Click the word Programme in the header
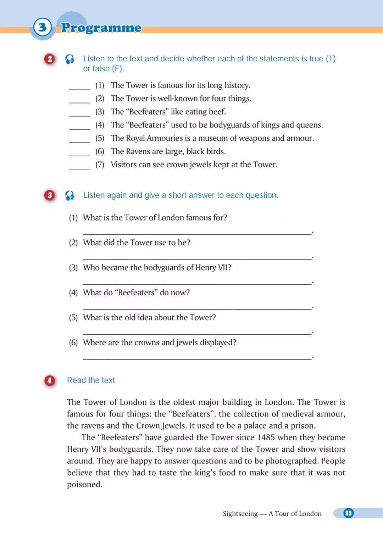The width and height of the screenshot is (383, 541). (x=101, y=28)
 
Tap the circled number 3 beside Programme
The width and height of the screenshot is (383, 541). (x=43, y=27)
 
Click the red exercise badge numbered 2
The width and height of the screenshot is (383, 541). (x=50, y=59)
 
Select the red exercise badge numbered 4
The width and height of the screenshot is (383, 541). (x=50, y=380)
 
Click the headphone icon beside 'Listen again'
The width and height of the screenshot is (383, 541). (x=70, y=195)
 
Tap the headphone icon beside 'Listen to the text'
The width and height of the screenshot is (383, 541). (x=70, y=59)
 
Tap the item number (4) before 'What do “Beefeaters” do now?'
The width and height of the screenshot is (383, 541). (x=73, y=292)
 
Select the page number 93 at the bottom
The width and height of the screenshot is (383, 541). (x=348, y=513)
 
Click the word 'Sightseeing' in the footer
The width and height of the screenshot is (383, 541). (x=240, y=514)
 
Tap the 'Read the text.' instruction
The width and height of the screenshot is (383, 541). (x=92, y=380)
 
